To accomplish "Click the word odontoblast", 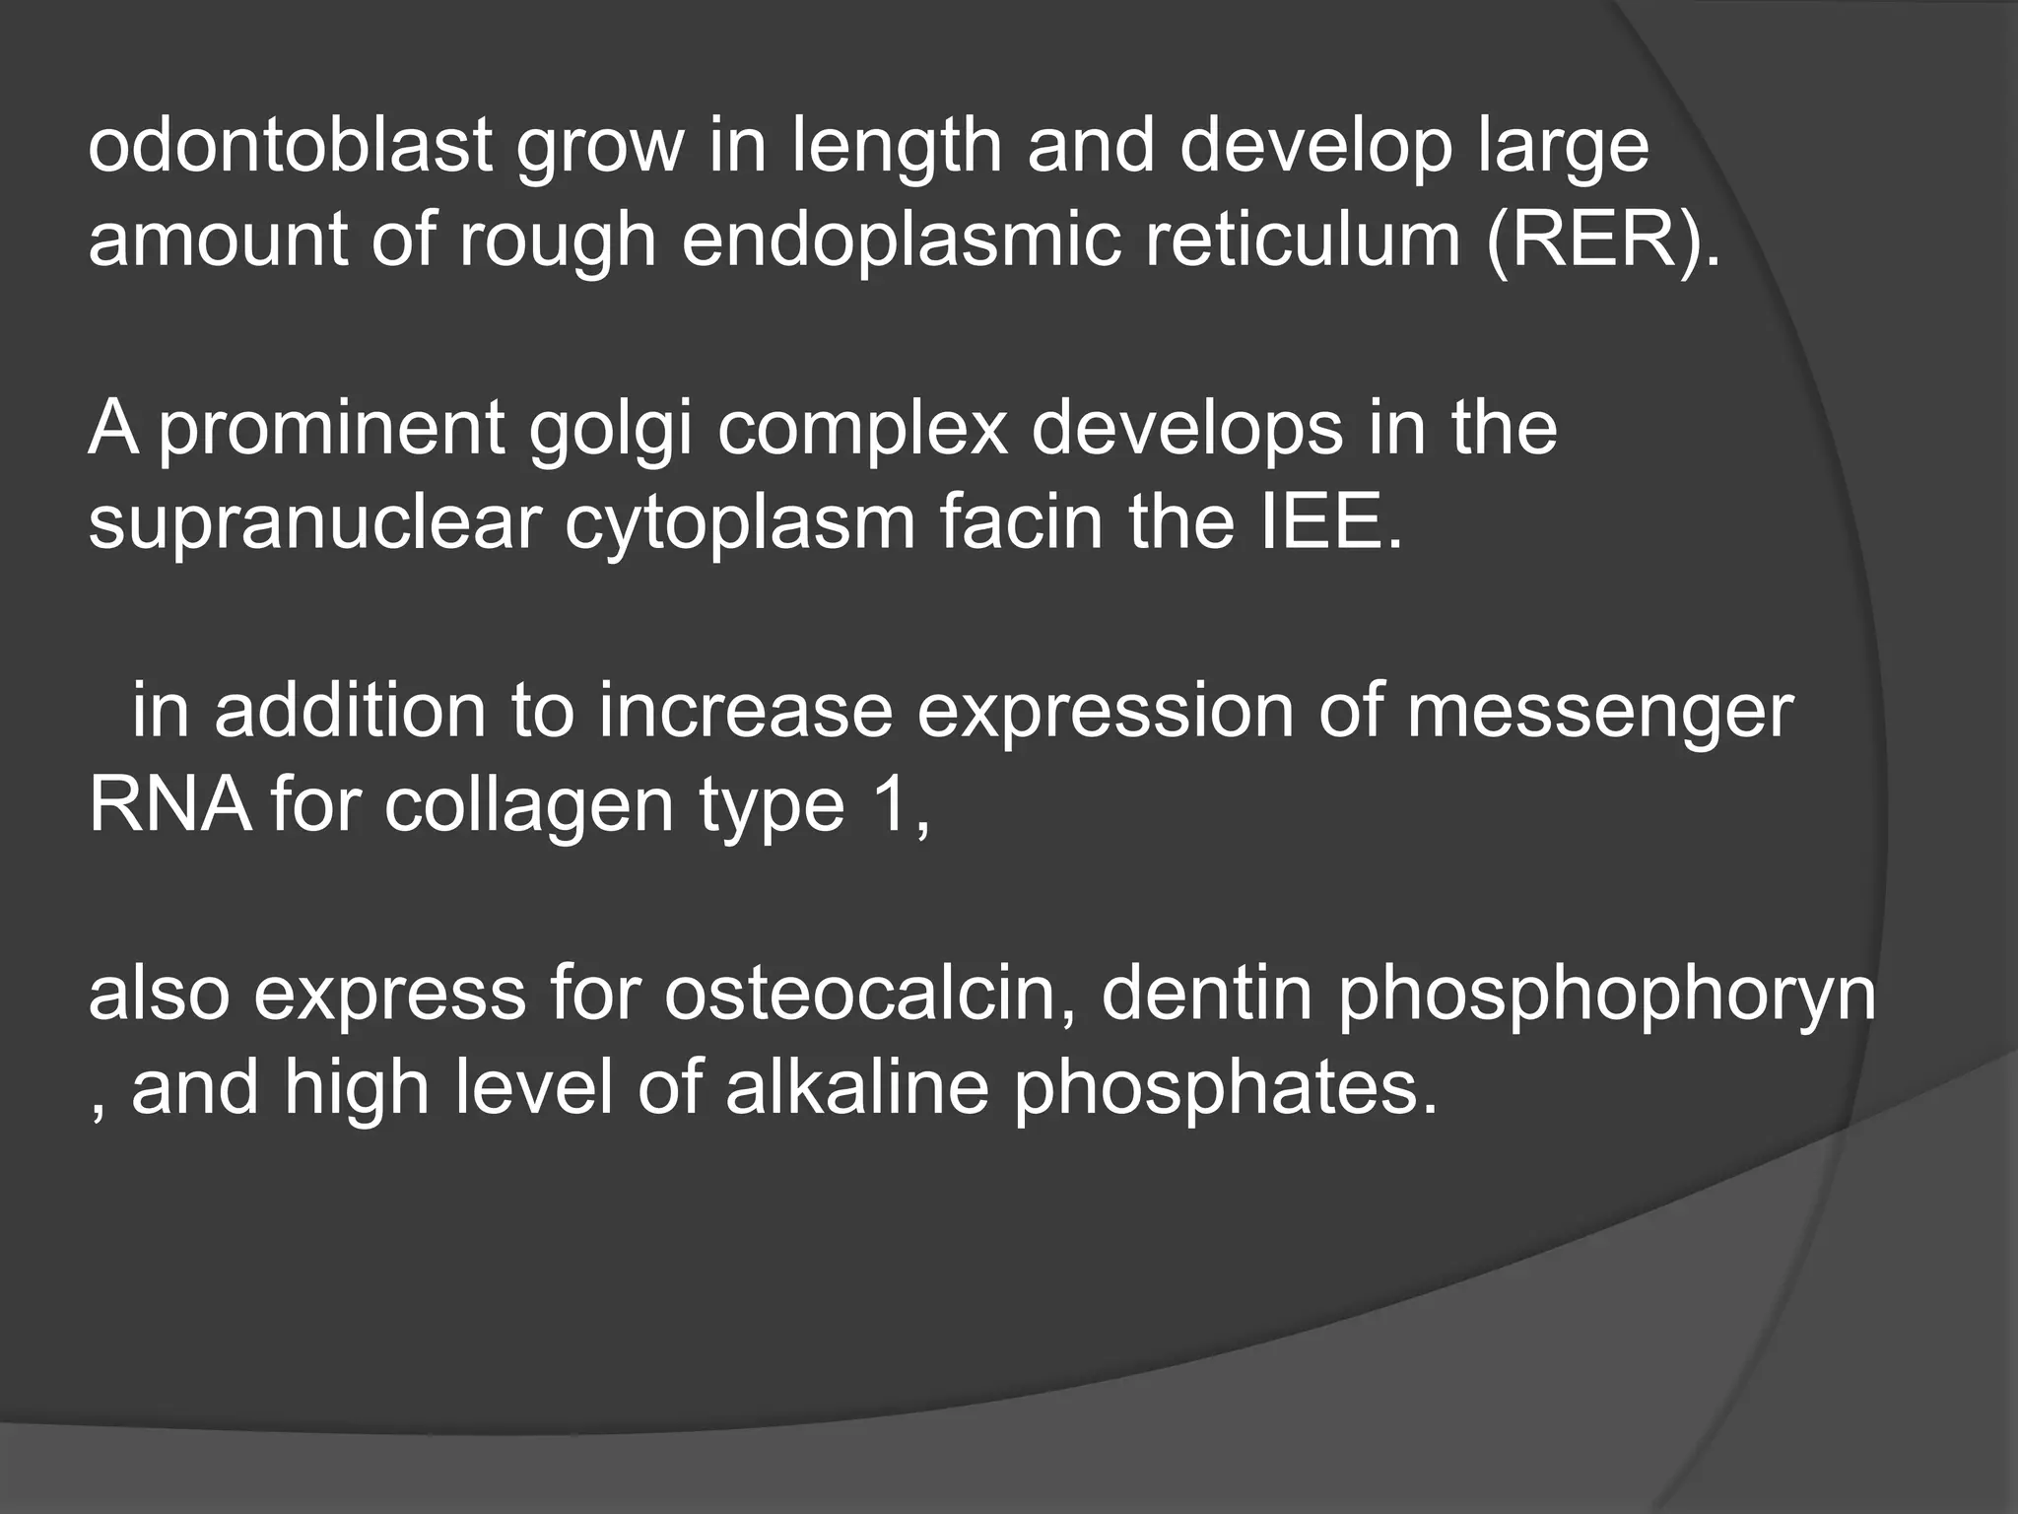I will [x=290, y=146].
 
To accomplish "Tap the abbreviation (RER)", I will [x=1603, y=241].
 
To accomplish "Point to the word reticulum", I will [x=1303, y=241].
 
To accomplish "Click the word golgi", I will [x=611, y=430].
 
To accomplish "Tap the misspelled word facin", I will [x=1020, y=522].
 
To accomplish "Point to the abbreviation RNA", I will [x=169, y=804].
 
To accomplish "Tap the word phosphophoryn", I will [x=1606, y=994].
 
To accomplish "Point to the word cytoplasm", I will [x=740, y=522].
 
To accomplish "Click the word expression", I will [x=1105, y=712].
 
